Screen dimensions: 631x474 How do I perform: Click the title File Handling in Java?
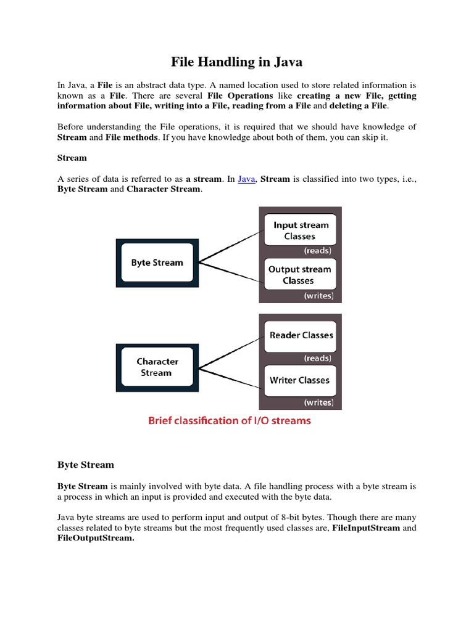pyautogui.click(x=236, y=62)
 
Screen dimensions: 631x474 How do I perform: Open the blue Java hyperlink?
pyautogui.click(x=246, y=179)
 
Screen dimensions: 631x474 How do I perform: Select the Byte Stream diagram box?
pyautogui.click(x=157, y=263)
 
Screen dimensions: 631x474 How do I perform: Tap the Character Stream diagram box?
pyautogui.click(x=157, y=367)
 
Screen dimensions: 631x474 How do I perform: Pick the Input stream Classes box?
pyautogui.click(x=300, y=230)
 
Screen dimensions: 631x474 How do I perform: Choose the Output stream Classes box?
pyautogui.click(x=300, y=275)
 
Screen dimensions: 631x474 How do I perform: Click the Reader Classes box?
pyautogui.click(x=301, y=335)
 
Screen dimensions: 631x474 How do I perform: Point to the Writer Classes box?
pyautogui.click(x=300, y=380)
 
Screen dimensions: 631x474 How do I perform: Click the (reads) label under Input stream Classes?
pyautogui.click(x=317, y=251)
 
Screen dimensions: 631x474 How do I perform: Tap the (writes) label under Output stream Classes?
pyautogui.click(x=318, y=296)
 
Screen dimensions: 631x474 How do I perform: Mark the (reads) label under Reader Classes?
pyautogui.click(x=317, y=358)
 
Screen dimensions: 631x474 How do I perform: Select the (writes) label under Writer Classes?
pyautogui.click(x=318, y=403)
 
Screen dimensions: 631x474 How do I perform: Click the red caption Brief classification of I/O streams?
pyautogui.click(x=229, y=421)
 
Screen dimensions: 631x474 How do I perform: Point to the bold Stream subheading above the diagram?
pyautogui.click(x=72, y=158)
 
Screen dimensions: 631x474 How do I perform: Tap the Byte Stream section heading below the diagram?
pyautogui.click(x=86, y=465)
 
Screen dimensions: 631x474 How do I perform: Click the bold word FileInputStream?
pyautogui.click(x=367, y=528)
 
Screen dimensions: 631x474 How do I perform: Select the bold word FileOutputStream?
pyautogui.click(x=95, y=538)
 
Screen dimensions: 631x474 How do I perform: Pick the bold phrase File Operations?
pyautogui.click(x=240, y=96)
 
